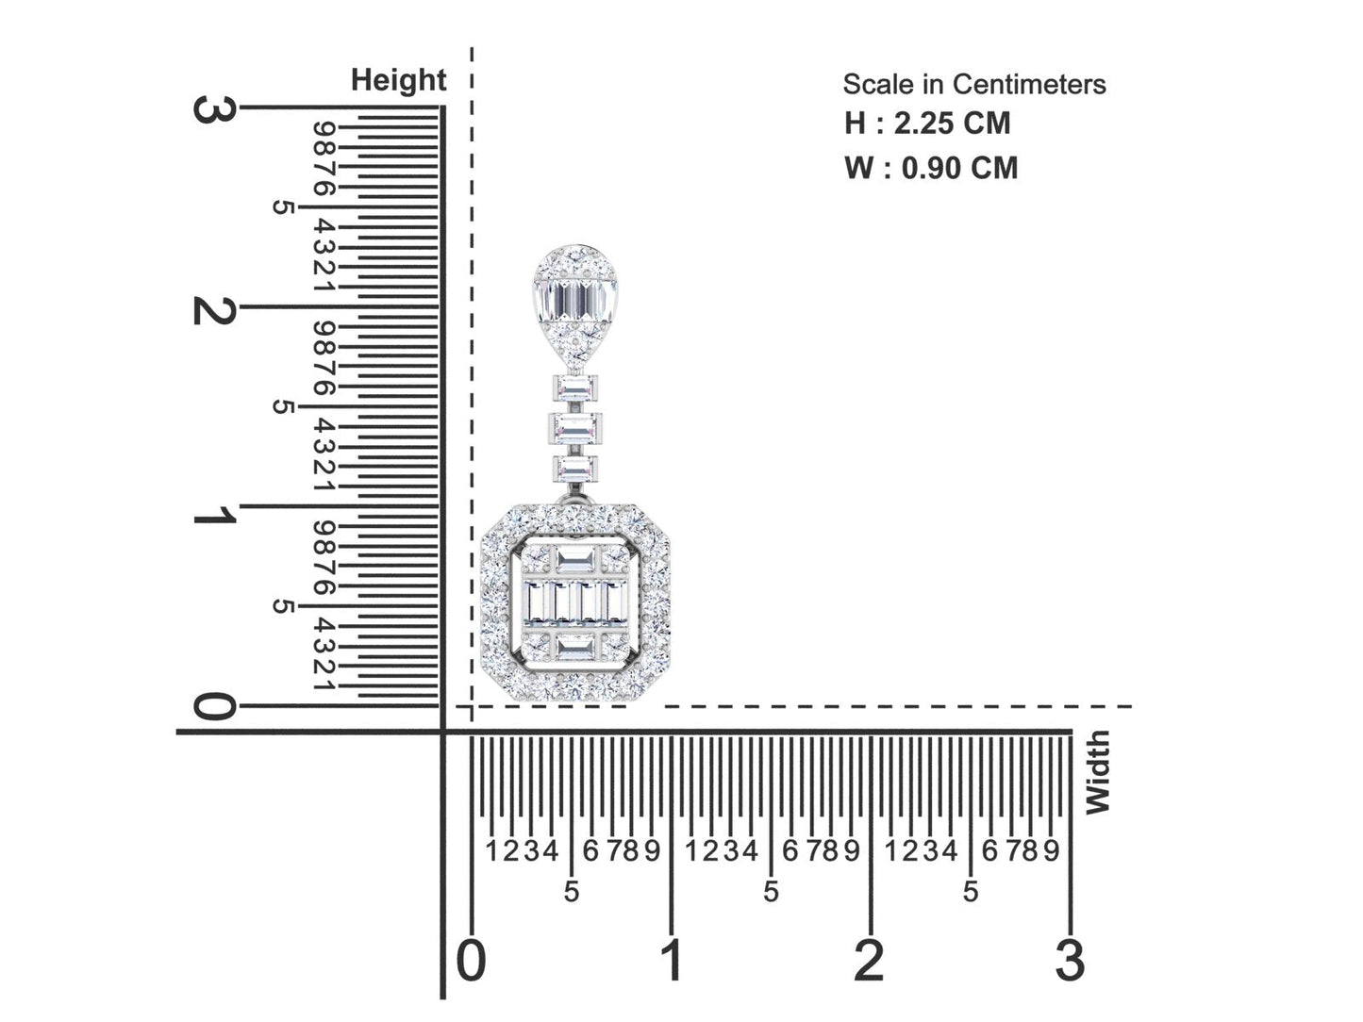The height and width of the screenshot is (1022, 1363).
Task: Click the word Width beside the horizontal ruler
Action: tap(1097, 772)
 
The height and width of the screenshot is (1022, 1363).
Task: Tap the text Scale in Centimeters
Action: tap(974, 85)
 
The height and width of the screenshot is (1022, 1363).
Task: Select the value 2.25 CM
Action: tap(952, 123)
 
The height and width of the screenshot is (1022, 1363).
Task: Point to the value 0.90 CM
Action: tap(959, 168)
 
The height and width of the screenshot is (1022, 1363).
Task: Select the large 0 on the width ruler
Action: tap(472, 960)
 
